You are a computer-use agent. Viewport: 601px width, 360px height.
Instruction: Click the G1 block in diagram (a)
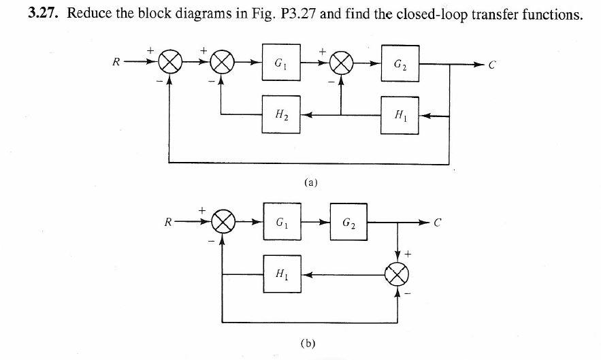tap(280, 65)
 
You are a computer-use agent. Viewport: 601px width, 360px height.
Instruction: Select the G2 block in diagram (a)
tap(400, 65)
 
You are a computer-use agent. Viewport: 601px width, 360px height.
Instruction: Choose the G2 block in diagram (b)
tap(348, 222)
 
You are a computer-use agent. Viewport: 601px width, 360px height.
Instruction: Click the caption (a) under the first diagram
tap(311, 182)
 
